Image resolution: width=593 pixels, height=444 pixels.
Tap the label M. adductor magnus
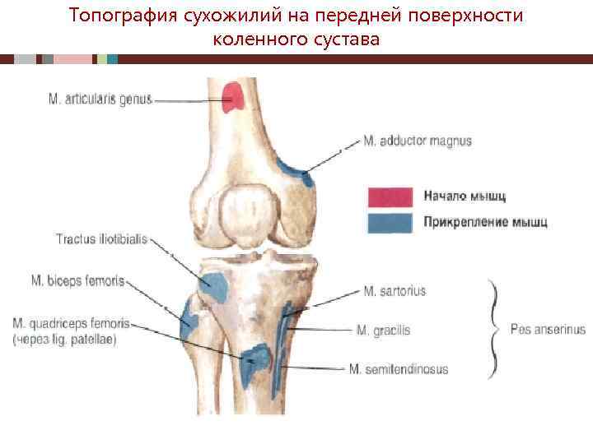click(x=418, y=141)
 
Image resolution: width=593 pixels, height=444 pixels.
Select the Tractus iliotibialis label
click(x=101, y=240)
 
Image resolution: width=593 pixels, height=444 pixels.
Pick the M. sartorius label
click(x=395, y=291)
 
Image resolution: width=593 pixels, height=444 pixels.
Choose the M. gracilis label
click(x=383, y=331)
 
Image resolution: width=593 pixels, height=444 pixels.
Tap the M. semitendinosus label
click(x=398, y=369)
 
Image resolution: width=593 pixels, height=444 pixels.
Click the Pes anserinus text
click(x=548, y=330)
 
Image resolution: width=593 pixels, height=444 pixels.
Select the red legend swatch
click(x=390, y=197)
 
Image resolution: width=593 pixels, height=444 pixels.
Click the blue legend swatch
click(x=390, y=222)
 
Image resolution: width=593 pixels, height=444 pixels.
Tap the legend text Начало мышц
click(x=465, y=197)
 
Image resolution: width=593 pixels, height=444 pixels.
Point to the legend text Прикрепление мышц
click(x=485, y=222)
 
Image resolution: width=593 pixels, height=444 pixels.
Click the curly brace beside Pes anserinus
click(x=494, y=329)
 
